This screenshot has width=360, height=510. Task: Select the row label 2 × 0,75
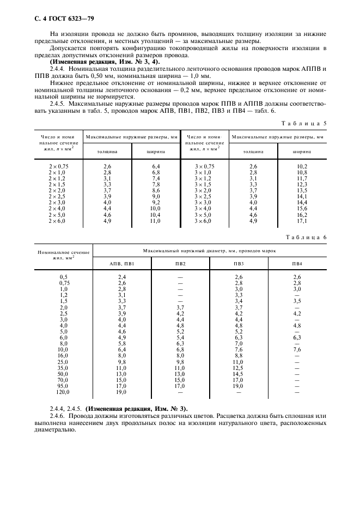[x=58, y=166]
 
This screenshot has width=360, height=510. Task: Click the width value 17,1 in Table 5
[x=301, y=222]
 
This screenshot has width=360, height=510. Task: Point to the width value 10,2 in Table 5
[x=301, y=166]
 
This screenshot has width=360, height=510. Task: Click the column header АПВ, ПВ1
[x=121, y=264]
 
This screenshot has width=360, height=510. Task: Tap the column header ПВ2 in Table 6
[x=180, y=264]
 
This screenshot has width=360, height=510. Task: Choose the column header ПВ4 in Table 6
[x=297, y=264]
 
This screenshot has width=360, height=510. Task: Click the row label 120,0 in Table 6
[x=64, y=391]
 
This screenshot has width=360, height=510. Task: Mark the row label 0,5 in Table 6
[x=64, y=277]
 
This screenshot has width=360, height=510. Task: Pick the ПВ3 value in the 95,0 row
[x=238, y=385]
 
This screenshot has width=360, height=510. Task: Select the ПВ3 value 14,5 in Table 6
[x=238, y=373]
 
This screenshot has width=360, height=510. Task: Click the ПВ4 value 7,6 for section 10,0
[x=297, y=349]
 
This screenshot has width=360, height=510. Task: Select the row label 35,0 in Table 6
[x=64, y=367]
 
